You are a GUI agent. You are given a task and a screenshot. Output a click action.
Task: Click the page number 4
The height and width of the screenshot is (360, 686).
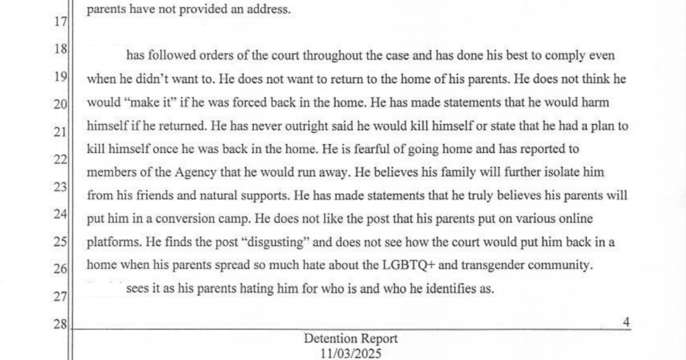(626, 322)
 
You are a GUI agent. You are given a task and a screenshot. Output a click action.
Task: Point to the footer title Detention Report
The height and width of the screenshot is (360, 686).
(350, 339)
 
